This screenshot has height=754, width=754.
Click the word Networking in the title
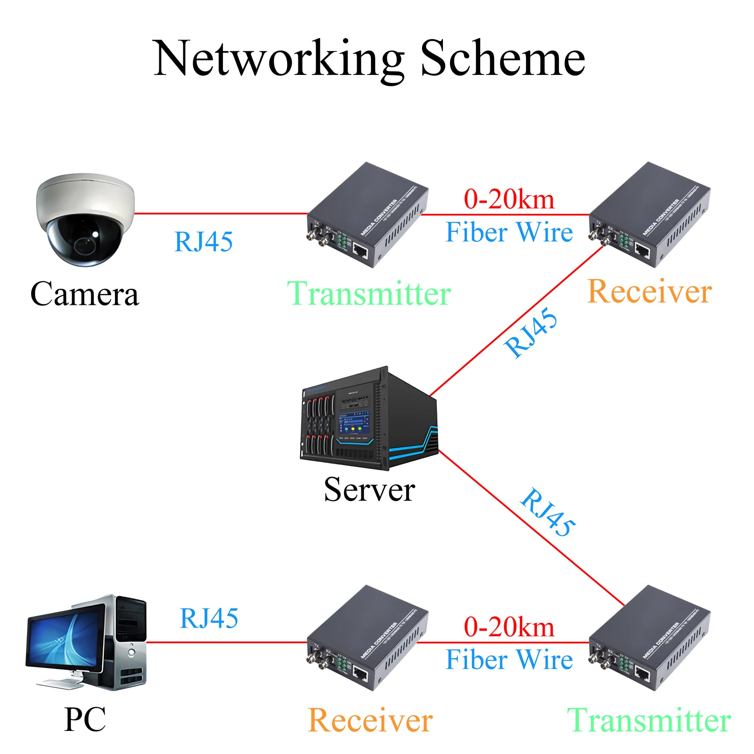278,59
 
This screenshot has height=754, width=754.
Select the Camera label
85,294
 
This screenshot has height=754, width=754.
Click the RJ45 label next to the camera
204,242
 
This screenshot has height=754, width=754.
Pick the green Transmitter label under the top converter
369,294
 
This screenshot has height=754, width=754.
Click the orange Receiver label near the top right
649,291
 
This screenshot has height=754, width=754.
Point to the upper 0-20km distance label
509,199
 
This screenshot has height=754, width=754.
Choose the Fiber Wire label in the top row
509,232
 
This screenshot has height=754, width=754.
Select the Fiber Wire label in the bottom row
509,659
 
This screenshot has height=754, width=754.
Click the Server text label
369,489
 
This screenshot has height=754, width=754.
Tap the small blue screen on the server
353,422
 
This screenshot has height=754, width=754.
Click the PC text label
85,719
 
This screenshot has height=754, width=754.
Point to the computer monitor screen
66,641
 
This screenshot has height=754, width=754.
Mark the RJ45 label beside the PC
209,618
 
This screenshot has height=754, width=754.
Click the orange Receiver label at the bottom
370,720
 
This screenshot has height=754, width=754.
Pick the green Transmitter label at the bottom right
649,720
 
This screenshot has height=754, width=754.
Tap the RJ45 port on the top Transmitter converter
361,249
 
